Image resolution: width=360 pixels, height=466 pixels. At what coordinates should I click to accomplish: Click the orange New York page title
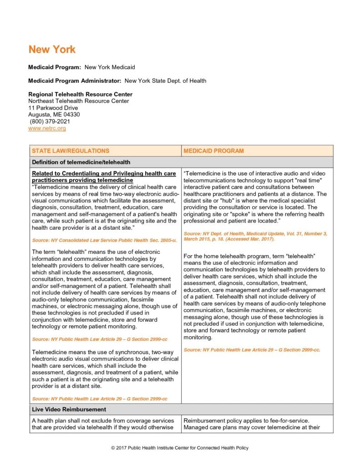(52, 50)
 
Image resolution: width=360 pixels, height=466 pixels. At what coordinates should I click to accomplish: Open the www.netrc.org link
(47, 129)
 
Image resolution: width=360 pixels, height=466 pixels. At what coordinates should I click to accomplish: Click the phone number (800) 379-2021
(50, 122)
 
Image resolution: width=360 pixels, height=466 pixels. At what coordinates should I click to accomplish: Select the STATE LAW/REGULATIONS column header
(71, 151)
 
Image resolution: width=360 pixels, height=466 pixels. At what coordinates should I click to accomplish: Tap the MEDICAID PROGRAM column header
(213, 151)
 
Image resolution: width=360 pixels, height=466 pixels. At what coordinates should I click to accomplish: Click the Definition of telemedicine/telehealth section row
(81, 162)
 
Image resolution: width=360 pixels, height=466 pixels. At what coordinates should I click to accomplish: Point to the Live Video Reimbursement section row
(69, 410)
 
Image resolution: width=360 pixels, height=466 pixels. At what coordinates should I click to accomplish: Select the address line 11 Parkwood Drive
(53, 108)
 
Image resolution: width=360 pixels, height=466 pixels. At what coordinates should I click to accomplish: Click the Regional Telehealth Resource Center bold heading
(80, 94)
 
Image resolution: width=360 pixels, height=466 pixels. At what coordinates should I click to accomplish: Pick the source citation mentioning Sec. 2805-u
(104, 240)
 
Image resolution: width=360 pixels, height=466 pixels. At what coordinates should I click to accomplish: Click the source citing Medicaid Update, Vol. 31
(255, 236)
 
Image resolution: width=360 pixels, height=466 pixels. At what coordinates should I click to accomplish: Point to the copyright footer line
(180, 448)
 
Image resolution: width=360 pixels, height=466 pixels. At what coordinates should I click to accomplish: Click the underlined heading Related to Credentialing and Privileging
(104, 177)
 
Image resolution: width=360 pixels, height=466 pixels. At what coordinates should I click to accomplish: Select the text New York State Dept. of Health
(165, 81)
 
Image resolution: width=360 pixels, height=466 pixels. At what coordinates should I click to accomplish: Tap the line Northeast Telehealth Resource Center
(78, 101)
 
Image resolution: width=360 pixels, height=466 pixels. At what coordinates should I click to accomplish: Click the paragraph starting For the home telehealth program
(254, 297)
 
